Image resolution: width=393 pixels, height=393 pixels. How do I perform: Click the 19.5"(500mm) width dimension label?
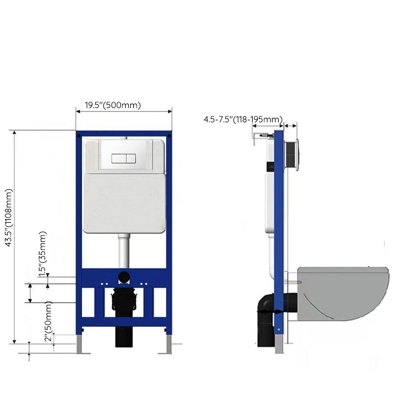113,105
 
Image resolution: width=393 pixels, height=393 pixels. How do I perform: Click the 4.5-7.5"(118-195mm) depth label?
243,119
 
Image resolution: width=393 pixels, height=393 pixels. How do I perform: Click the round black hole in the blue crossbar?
124,277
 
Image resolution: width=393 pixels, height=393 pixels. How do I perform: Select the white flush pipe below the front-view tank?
124,251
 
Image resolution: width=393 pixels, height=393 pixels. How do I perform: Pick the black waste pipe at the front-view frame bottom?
124,338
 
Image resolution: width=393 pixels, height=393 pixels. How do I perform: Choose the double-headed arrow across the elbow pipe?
269,311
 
